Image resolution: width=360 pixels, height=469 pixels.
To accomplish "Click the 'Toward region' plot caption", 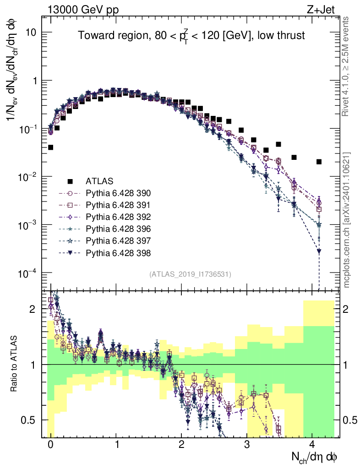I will coord(191,36).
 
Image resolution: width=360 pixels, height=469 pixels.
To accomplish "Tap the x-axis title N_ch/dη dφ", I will coord(315,457).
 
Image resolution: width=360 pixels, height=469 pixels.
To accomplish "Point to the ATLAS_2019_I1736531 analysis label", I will coord(190,274).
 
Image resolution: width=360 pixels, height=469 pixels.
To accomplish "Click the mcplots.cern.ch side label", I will coord(347,219).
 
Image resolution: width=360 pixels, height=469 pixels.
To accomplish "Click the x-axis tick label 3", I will coord(247,445).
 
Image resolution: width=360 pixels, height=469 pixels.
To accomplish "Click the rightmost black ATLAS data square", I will coord(319,162).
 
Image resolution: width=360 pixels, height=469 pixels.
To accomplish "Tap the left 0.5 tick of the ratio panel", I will coord(31,420).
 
